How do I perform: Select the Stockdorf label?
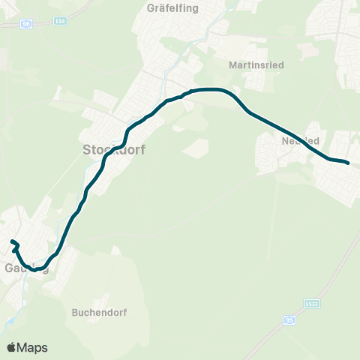(x=112, y=150)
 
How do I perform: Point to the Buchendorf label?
(x=95, y=312)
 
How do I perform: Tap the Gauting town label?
(x=26, y=268)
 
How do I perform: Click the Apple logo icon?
(x=11, y=347)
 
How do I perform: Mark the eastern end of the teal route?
(x=348, y=162)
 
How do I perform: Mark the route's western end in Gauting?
(x=11, y=241)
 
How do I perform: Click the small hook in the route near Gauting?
(x=16, y=248)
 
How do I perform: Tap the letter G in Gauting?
(x=9, y=268)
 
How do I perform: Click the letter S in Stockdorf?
(x=84, y=150)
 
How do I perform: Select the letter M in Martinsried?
(x=232, y=64)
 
